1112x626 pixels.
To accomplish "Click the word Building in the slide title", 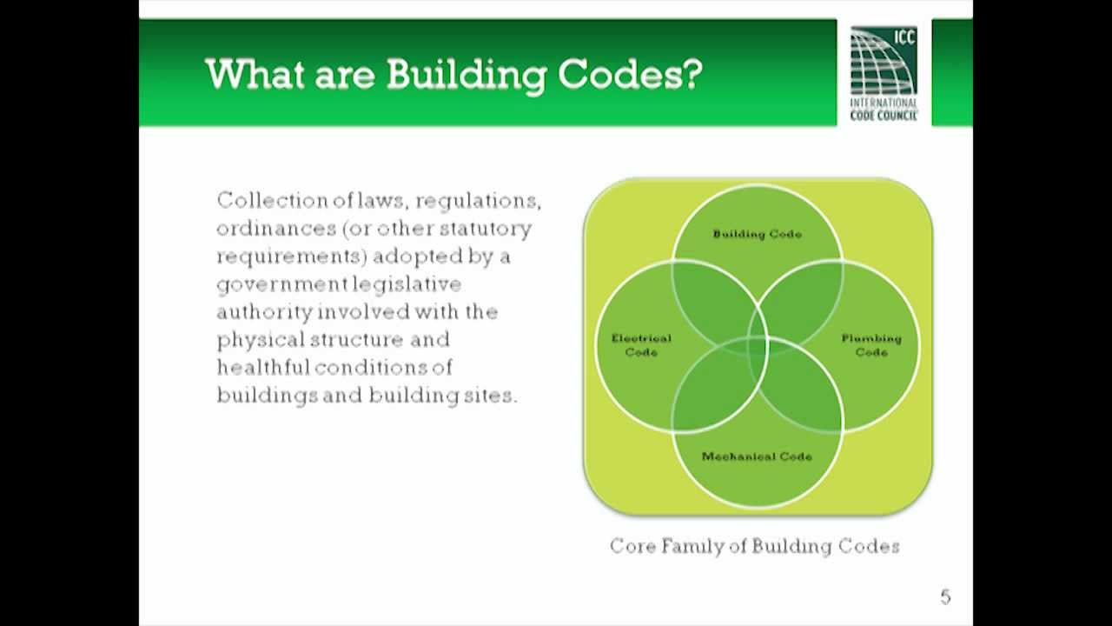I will coord(466,76).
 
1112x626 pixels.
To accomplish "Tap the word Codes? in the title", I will coord(630,76).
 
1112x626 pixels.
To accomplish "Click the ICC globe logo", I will coord(882,61).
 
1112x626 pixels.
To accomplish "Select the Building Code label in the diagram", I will coord(757,234).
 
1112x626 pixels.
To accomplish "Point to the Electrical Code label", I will coord(641,345).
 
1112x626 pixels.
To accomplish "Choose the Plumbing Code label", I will coord(871,345).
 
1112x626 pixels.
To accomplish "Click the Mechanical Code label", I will coord(757,456).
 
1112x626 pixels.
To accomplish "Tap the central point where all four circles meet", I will coord(758,346).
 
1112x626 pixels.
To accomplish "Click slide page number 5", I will coord(945,597).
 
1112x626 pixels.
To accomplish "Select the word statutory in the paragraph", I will coord(485,229).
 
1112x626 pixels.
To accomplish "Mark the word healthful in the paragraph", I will coord(263,367).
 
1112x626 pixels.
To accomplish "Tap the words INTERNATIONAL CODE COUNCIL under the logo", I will coord(883,109).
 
